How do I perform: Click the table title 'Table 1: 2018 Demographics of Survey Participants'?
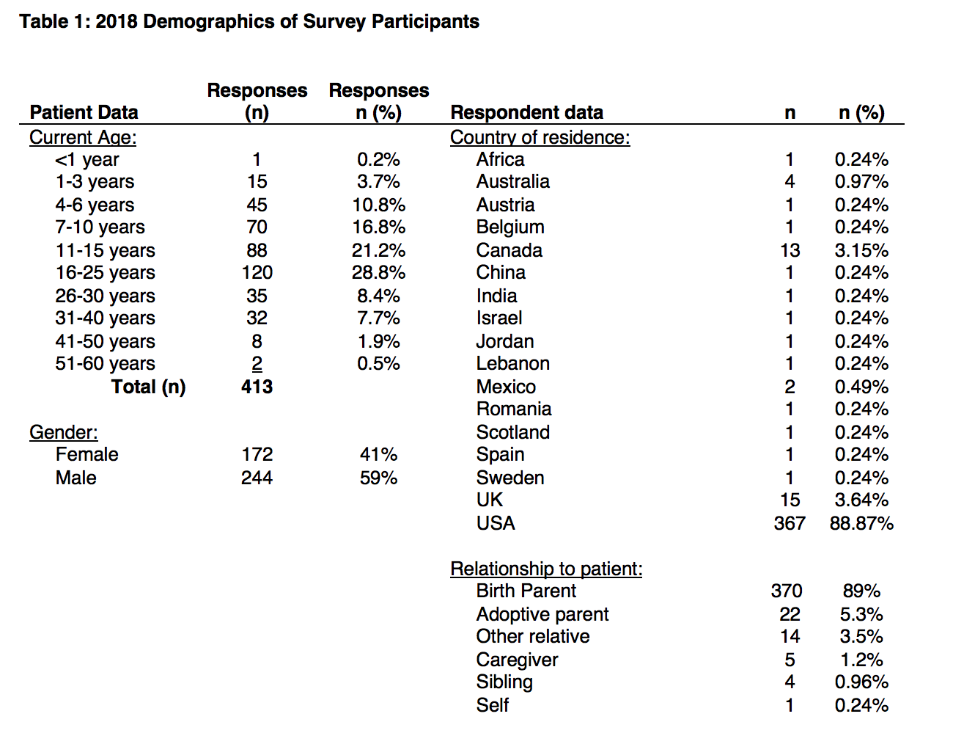[249, 21]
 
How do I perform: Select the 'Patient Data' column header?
[84, 112]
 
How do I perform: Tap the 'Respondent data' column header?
[526, 112]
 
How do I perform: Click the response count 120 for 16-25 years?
[257, 273]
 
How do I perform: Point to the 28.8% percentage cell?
[378, 273]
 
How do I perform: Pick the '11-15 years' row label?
[105, 251]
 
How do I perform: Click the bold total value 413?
[257, 387]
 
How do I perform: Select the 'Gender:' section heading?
[64, 432]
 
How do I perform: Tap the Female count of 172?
[257, 455]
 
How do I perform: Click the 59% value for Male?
[378, 478]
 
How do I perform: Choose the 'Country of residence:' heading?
[540, 137]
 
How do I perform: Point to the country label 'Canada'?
[509, 251]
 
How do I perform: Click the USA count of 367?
[790, 524]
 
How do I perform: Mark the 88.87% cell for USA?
[861, 524]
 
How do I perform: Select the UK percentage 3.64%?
[861, 500]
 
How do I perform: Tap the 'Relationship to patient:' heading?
[546, 569]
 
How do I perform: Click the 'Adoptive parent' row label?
[542, 614]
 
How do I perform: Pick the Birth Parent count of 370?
[787, 591]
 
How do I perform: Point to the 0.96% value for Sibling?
[861, 682]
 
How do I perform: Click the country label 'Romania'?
[513, 409]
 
